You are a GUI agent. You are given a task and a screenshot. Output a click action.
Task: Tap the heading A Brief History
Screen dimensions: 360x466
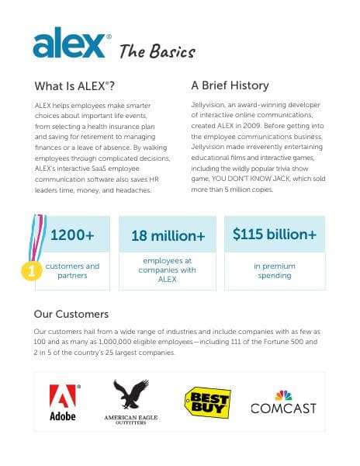(x=230, y=85)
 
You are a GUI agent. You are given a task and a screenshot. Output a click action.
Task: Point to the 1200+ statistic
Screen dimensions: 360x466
(x=73, y=235)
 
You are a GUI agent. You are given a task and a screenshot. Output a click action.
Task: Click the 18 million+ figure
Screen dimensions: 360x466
(x=168, y=235)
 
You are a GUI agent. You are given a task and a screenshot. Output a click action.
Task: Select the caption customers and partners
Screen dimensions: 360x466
(x=73, y=270)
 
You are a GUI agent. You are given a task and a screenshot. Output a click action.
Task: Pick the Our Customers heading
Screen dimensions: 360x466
(x=71, y=315)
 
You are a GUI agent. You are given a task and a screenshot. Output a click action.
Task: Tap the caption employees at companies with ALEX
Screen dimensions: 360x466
(x=168, y=270)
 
